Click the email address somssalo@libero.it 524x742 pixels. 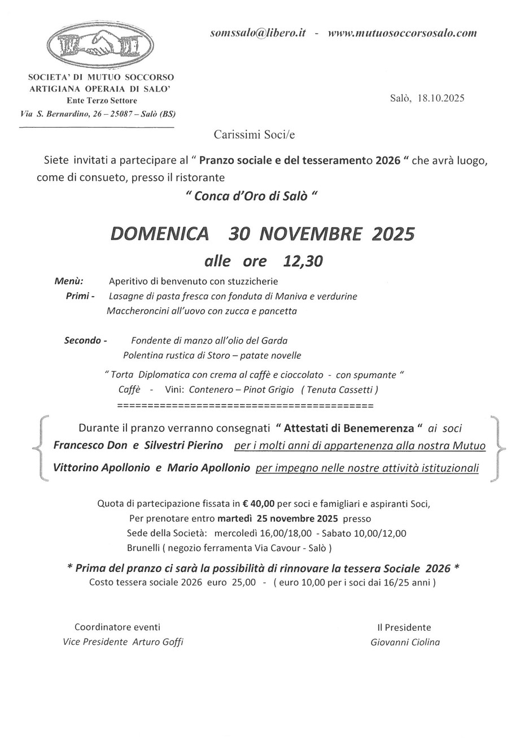tap(257, 33)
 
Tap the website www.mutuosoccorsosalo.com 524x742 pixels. tap(402, 33)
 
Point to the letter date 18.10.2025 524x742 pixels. tap(441, 98)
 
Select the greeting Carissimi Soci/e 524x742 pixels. tap(254, 134)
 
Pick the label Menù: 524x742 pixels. tap(69, 281)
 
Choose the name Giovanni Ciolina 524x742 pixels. tap(405, 642)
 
